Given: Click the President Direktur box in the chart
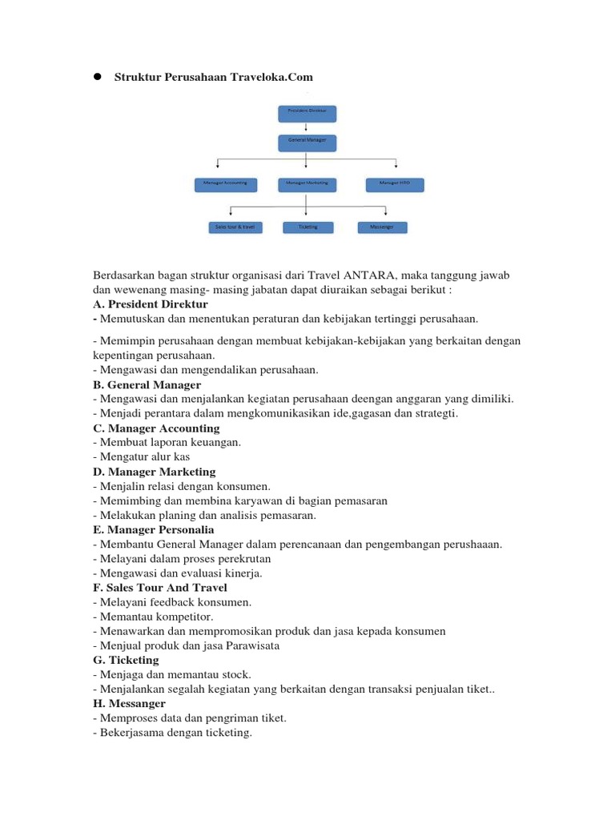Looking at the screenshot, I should click(x=307, y=113).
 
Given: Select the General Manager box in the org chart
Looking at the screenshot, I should click(x=307, y=143).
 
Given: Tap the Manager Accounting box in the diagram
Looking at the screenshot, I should click(x=226, y=184).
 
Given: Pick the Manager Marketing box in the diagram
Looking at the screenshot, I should click(x=307, y=184).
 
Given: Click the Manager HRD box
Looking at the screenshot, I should click(x=394, y=184).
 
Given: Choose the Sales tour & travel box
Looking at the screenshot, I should click(x=234, y=227).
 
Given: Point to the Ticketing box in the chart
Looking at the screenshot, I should click(x=307, y=227).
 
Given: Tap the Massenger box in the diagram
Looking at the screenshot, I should click(x=382, y=227).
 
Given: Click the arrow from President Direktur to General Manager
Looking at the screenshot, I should click(x=307, y=128).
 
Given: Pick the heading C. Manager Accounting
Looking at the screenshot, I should click(x=156, y=428).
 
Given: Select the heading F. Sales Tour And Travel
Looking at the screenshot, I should click(x=160, y=588).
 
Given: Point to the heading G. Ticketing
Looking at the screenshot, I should click(x=127, y=660).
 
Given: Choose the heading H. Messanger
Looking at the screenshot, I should click(x=130, y=703).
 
